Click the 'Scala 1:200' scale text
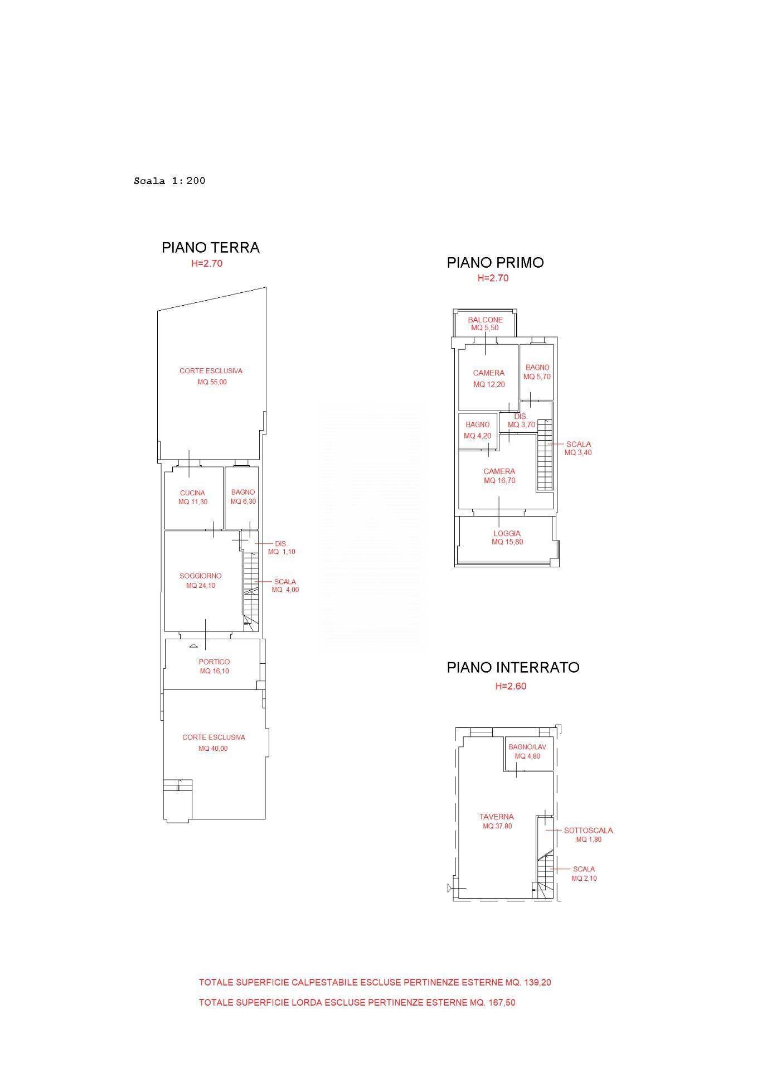click(x=169, y=181)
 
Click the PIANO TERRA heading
click(x=210, y=248)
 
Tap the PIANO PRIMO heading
click(x=495, y=263)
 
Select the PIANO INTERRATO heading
click(x=513, y=668)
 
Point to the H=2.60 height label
click(x=511, y=687)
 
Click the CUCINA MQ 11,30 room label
click(x=193, y=497)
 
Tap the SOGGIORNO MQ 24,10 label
click(x=201, y=581)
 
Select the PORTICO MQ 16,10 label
click(x=215, y=667)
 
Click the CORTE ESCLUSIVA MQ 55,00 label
click(x=211, y=377)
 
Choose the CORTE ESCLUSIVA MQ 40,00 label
click(x=213, y=743)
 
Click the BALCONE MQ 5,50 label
click(x=485, y=324)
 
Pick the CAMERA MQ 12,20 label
click(x=489, y=379)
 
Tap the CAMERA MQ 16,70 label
click(x=499, y=476)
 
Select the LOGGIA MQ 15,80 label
click(x=507, y=538)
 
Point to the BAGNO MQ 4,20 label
click(x=477, y=430)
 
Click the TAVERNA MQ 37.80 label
click(x=497, y=821)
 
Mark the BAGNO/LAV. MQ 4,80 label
click(x=527, y=751)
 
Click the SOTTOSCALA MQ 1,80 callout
click(x=589, y=834)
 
